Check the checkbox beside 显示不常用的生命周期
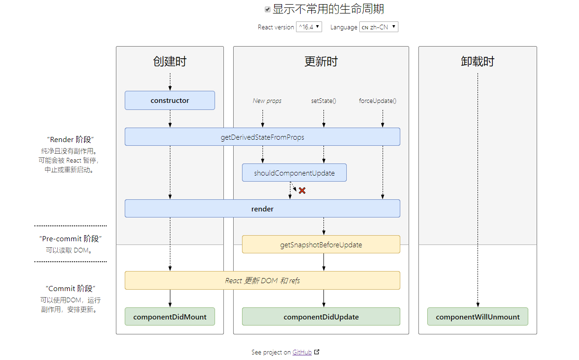pyautogui.click(x=268, y=10)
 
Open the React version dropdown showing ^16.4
pyautogui.click(x=309, y=27)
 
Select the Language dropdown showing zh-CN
pyautogui.click(x=379, y=27)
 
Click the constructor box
pyautogui.click(x=170, y=100)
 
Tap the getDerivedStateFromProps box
pyautogui.click(x=263, y=137)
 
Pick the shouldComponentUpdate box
pyautogui.click(x=295, y=172)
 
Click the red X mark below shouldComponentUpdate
pyautogui.click(x=302, y=190)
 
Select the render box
pyautogui.click(x=263, y=209)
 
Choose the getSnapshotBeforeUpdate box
pyautogui.click(x=321, y=245)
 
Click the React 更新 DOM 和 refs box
pyautogui.click(x=263, y=280)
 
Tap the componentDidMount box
pyautogui.click(x=170, y=317)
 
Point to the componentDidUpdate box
pyautogui.click(x=321, y=317)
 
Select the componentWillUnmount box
pyautogui.click(x=478, y=317)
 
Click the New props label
pyautogui.click(x=267, y=101)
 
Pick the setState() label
pyautogui.click(x=323, y=101)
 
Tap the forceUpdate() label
pyautogui.click(x=377, y=101)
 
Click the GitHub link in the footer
pyautogui.click(x=302, y=352)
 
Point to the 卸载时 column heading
pyautogui.click(x=478, y=61)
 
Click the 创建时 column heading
pyautogui.click(x=170, y=61)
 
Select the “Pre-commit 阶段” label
pyautogui.click(x=70, y=239)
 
